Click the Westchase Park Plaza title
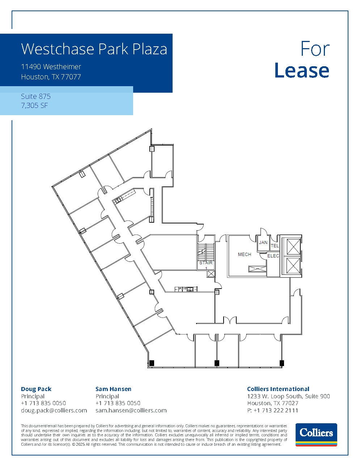point(94,49)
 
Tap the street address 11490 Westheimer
point(51,67)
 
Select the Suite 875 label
point(36,96)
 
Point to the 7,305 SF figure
point(35,106)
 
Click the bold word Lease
point(302,71)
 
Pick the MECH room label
point(245,255)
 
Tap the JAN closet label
point(263,243)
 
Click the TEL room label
point(275,246)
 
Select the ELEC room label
point(273,256)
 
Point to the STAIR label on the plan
point(206,263)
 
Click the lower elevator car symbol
point(291,265)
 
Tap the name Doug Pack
point(36,389)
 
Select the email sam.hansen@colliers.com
point(131,410)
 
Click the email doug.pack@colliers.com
point(54,410)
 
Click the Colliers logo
point(316,434)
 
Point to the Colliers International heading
point(278,389)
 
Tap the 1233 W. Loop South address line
point(288,396)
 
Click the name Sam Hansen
point(113,389)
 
